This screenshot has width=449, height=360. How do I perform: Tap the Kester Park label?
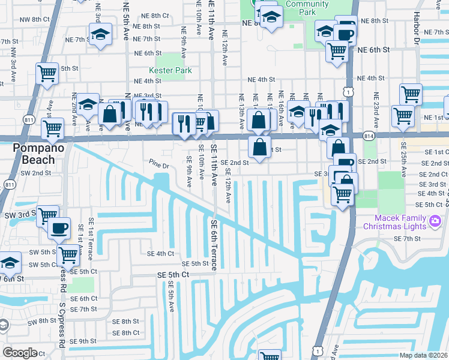(170, 71)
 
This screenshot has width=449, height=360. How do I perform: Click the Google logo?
(20, 352)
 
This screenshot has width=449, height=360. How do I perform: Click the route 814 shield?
(367, 137)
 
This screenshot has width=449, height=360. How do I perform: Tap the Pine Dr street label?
(160, 163)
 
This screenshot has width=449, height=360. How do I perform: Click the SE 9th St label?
(83, 341)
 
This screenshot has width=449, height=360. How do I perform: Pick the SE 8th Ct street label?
(125, 333)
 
